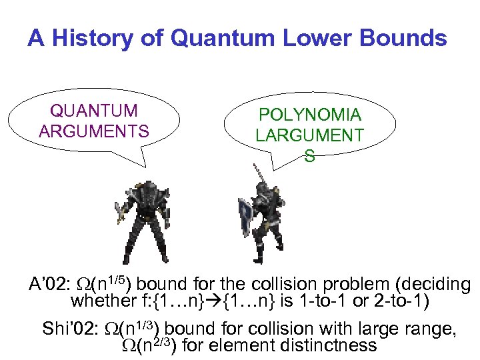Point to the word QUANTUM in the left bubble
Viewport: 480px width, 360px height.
tap(94, 111)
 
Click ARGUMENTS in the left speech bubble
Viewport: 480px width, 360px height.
tap(94, 131)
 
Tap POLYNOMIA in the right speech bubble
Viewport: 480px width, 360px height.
tap(309, 115)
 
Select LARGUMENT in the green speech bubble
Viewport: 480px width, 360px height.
tap(309, 135)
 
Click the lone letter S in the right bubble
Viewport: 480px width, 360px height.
tap(309, 156)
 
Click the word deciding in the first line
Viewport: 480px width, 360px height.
tap(432, 285)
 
